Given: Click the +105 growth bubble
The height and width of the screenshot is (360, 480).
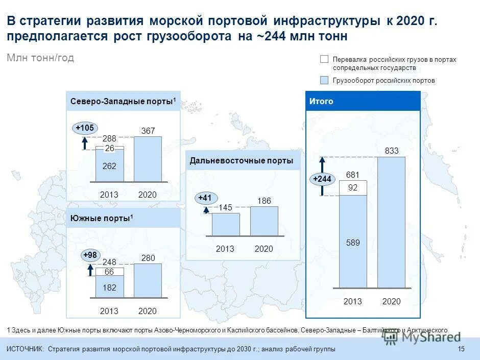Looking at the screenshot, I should [85, 128].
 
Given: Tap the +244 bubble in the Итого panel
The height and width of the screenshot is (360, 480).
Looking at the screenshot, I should [322, 179].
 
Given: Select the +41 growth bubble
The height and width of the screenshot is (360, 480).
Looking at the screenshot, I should [206, 198].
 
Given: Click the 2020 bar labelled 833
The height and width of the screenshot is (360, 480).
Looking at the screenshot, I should [391, 222].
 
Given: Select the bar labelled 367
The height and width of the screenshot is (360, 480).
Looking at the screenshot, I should [148, 159].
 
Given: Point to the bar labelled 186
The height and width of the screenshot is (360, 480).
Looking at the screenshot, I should [264, 221].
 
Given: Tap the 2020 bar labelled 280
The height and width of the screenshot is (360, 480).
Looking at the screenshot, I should [148, 280].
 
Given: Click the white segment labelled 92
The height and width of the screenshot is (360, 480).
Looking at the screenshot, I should [353, 188].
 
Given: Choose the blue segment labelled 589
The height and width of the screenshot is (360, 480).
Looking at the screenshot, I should [353, 243].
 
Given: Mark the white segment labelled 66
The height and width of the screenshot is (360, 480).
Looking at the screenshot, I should [109, 272].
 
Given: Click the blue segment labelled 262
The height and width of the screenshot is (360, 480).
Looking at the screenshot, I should [109, 166].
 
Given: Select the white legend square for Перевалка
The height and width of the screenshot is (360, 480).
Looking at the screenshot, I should [324, 59].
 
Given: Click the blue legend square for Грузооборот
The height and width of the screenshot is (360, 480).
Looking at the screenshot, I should [324, 80].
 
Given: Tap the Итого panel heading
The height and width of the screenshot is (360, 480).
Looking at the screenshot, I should [321, 101].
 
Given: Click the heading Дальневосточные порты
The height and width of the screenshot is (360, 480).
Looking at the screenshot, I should [241, 161].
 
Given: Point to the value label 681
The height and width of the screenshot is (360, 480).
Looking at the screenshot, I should [353, 175].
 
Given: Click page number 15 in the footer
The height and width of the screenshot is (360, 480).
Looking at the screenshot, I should [461, 349].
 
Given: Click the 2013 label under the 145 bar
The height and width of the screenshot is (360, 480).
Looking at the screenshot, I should [225, 249].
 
